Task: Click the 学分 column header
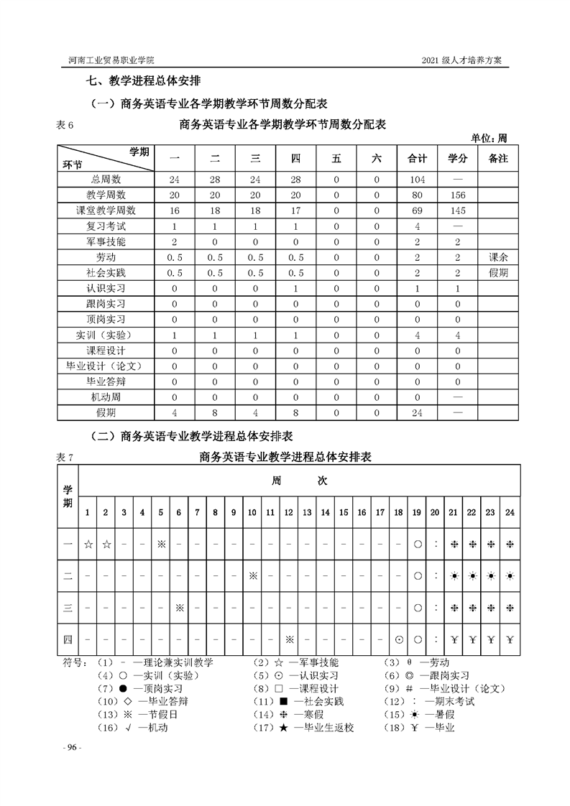(457, 159)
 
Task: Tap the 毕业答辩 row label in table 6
(106, 381)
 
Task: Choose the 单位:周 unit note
(489, 138)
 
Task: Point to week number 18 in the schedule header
(398, 512)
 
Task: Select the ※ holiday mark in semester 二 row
(252, 576)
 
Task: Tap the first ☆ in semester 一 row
(88, 545)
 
